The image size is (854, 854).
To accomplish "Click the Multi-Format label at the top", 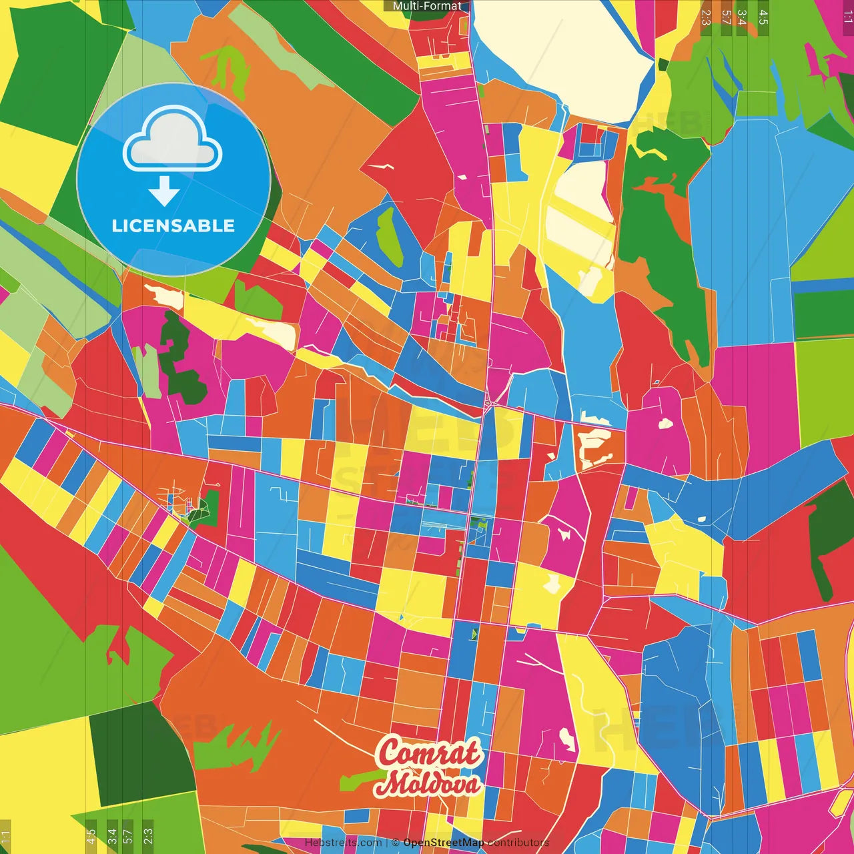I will click(x=427, y=6).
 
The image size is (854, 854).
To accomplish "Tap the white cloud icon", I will click(x=173, y=140).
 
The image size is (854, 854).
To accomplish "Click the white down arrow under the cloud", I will click(x=164, y=191).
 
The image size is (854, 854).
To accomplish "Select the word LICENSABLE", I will click(x=173, y=226).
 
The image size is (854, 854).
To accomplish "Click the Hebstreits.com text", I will click(x=343, y=843).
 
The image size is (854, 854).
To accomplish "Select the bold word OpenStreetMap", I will click(x=444, y=843).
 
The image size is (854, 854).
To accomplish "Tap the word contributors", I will click(x=518, y=843).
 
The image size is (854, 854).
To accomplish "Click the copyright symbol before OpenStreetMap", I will click(x=395, y=843).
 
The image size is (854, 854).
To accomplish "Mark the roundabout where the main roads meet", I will click(x=490, y=402).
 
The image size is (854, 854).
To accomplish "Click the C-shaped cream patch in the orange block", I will click(x=594, y=448).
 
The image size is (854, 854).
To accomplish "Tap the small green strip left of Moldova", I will click(x=360, y=779).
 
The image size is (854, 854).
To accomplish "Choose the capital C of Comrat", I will click(x=390, y=753).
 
